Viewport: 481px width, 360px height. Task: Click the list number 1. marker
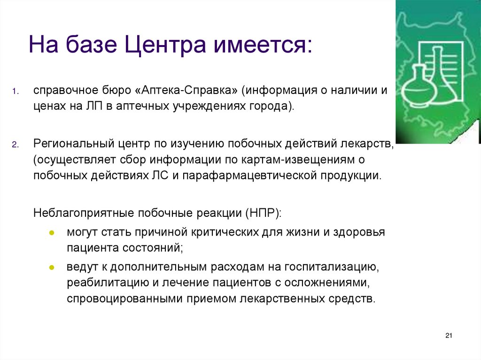click(x=16, y=91)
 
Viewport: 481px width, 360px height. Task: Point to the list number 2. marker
click(x=16, y=145)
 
